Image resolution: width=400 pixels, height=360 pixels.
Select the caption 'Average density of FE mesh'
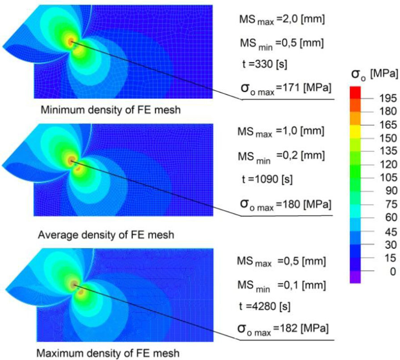[106, 234]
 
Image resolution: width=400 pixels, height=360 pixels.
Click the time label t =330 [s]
[263, 64]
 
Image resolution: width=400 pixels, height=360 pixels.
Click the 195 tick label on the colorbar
[382, 97]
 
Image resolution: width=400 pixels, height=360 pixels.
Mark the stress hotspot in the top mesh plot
[71, 42]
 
